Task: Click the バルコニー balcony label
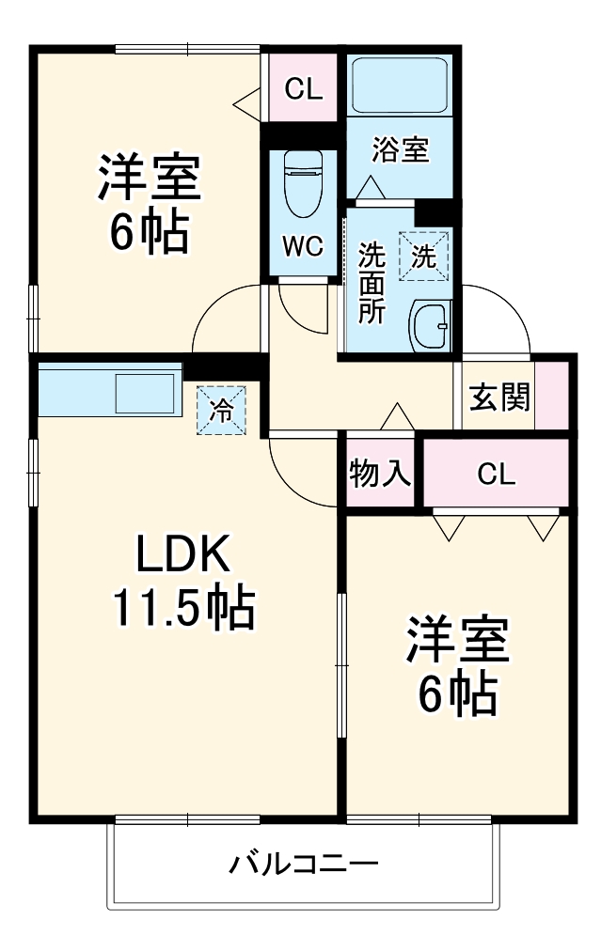pos(304,863)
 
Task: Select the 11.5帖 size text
pos(183,609)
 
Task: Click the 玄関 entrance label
pos(499,397)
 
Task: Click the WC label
pos(303,246)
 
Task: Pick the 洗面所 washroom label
pos(372,283)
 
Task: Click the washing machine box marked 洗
pos(425,256)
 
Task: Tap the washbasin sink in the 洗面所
pos(432,325)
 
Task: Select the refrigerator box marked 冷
pos(221,410)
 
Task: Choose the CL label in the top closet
pos(304,90)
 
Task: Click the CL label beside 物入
pos(496,475)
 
